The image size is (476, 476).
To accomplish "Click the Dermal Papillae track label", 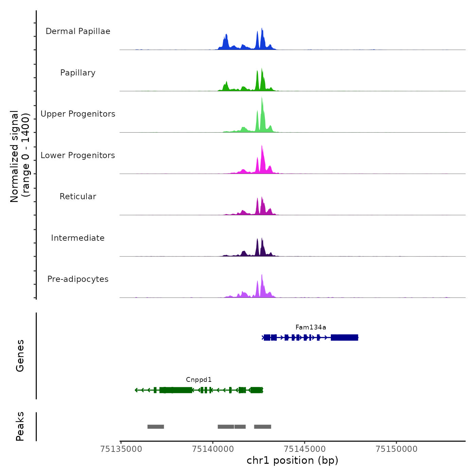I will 78,31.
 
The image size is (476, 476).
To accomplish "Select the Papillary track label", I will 78,73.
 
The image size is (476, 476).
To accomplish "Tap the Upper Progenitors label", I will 78,114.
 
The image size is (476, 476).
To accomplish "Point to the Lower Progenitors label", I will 78,155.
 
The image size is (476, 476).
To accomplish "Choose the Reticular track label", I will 78,197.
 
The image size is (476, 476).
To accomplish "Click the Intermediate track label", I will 78,238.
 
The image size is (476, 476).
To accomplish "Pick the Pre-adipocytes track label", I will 78,279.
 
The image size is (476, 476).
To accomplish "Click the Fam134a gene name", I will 310,327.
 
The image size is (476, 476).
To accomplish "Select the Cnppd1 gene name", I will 199,380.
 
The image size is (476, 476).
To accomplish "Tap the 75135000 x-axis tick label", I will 121,449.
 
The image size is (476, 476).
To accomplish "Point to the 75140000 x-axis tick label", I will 213,449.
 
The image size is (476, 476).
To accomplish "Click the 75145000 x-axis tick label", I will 305,449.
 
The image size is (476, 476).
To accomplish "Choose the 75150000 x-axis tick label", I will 396,449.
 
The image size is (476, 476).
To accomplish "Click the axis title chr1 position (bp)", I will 292,460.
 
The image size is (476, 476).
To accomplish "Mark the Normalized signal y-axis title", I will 20,156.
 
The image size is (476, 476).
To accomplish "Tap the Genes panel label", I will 20,356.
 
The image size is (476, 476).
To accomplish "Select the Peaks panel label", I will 20,426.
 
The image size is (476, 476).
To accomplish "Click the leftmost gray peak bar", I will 156,427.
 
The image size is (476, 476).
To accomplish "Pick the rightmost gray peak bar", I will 262,427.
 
